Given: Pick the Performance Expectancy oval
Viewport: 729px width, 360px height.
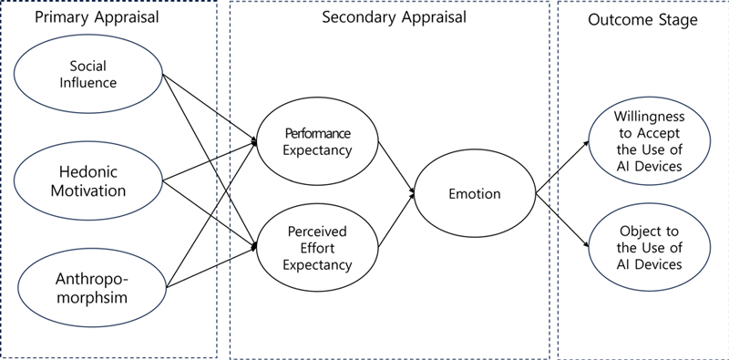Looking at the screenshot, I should (317, 141).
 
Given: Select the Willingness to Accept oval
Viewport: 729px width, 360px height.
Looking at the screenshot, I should (648, 141).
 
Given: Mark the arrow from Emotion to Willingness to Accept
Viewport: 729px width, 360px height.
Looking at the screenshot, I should (562, 166).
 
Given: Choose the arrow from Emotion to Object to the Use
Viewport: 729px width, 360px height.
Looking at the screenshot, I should (562, 221).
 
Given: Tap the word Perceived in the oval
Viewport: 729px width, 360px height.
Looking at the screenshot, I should (317, 231).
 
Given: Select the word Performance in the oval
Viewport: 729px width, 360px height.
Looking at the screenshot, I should (317, 133).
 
